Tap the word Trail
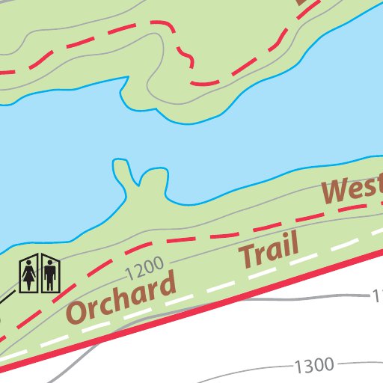coord(269,250)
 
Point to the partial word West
coord(352,190)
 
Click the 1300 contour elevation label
coord(313,366)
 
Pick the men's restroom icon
coord(50,275)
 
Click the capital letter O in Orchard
coord(79,310)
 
